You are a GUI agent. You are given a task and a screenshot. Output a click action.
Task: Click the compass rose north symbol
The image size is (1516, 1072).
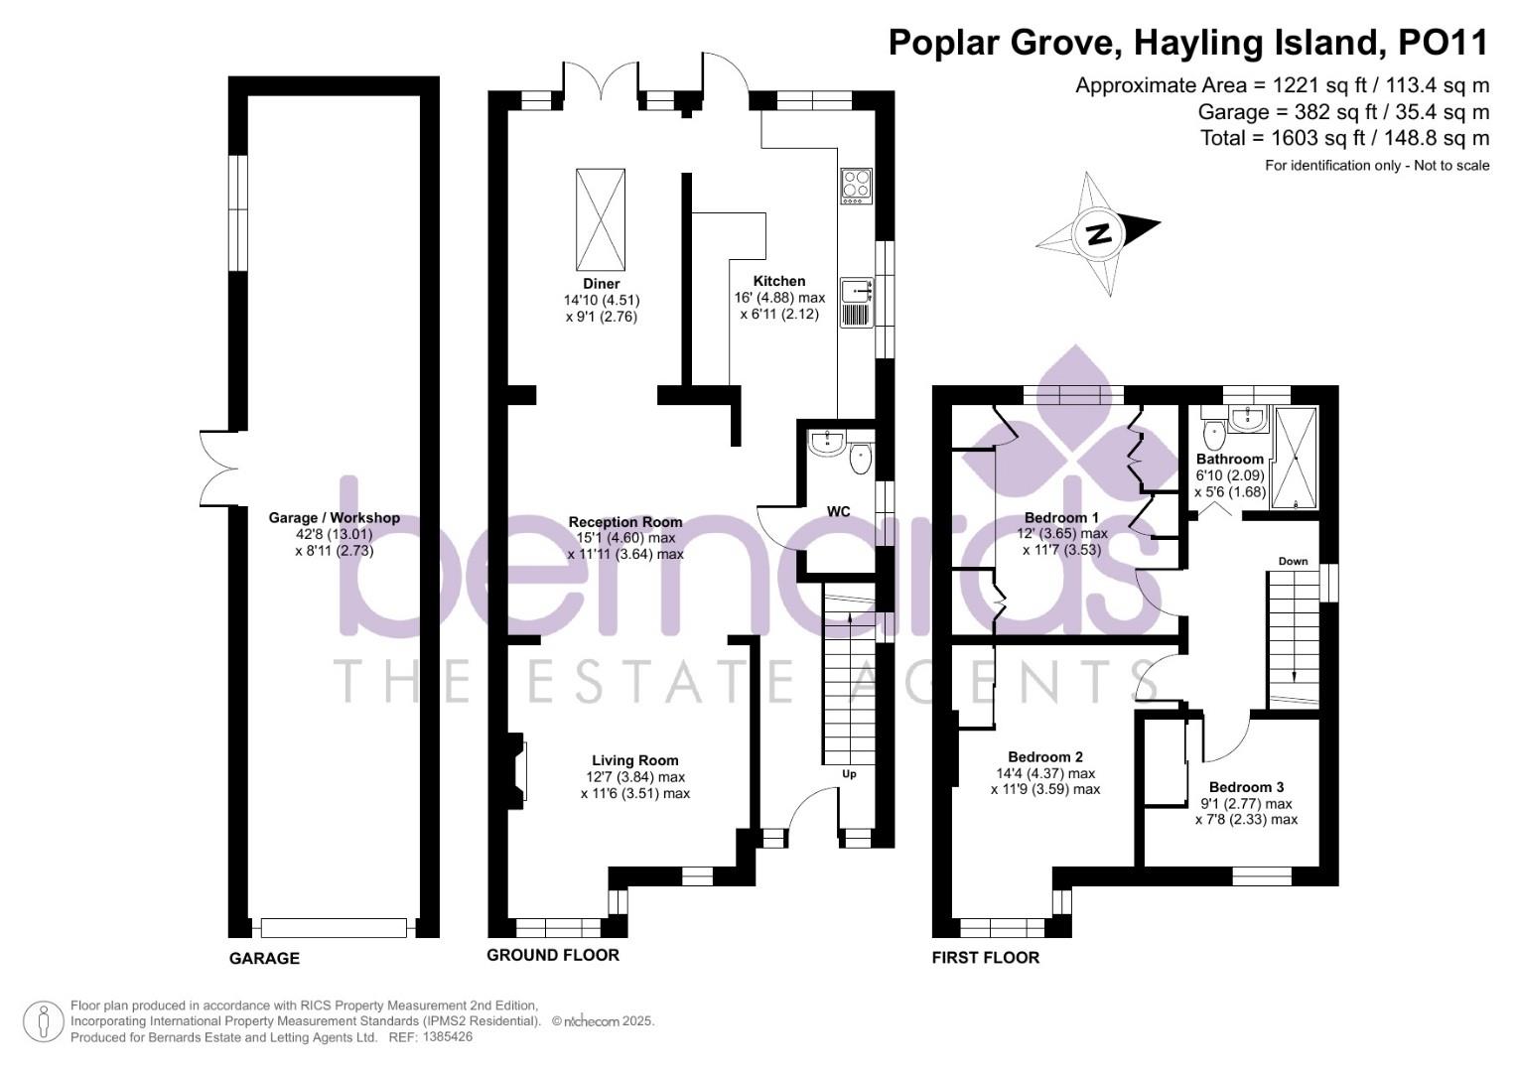(x=1097, y=234)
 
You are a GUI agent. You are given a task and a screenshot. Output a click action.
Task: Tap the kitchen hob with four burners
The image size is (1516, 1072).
(x=856, y=186)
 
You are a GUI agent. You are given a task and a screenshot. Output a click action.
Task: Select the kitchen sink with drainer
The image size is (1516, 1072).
(x=856, y=302)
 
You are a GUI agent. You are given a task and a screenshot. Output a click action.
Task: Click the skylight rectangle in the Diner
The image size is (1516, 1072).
(x=600, y=218)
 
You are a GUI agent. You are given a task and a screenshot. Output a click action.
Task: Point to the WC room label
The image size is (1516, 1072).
(x=839, y=512)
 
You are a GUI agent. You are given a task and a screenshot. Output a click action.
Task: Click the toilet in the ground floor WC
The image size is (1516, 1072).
(x=860, y=459)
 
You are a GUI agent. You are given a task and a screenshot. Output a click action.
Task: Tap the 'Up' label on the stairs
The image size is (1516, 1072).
(x=849, y=773)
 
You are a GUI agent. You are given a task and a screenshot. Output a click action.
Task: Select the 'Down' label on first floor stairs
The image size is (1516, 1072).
(x=1293, y=562)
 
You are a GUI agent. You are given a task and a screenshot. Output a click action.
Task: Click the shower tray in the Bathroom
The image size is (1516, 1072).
(x=1295, y=458)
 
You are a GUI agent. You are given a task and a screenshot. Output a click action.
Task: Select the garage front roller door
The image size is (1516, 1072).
(x=334, y=928)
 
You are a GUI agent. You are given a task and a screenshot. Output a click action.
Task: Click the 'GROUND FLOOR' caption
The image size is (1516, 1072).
(x=552, y=955)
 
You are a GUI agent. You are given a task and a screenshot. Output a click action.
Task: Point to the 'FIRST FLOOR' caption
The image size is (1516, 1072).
(x=985, y=958)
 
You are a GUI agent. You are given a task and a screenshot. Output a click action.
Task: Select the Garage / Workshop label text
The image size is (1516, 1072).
(x=334, y=518)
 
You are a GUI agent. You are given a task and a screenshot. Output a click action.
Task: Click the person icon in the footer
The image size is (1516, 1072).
(x=43, y=1022)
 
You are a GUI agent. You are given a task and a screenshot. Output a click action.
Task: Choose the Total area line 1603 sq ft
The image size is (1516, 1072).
(x=1344, y=138)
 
